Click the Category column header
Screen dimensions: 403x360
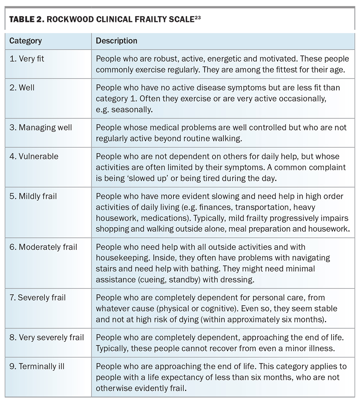pyautogui.click(x=25, y=41)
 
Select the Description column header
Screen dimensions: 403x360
pyautogui.click(x=116, y=41)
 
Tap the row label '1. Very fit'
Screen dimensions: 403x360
pyautogui.click(x=27, y=58)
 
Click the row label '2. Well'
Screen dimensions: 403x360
pyautogui.click(x=22, y=88)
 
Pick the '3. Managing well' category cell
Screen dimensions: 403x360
pyautogui.click(x=41, y=127)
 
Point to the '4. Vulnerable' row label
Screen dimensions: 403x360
pyautogui.click(x=34, y=157)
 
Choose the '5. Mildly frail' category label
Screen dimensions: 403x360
pyautogui.click(x=33, y=197)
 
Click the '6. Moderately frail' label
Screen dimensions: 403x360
pyautogui.click(x=43, y=247)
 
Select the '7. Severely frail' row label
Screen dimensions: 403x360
pyautogui.click(x=37, y=297)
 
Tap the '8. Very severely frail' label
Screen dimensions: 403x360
pyautogui.click(x=46, y=337)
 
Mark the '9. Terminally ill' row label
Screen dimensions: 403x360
pyautogui.click(x=37, y=367)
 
